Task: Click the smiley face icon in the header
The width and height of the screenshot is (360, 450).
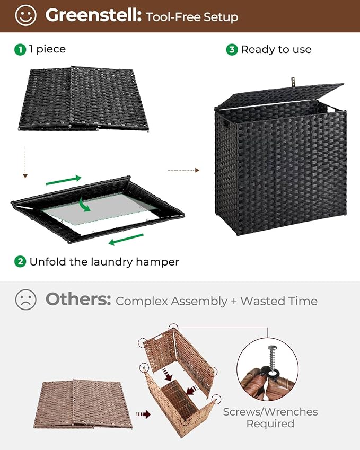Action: coord(25,15)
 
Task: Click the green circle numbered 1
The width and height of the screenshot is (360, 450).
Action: coord(20,49)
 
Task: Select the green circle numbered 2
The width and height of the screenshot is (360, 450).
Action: coord(20,261)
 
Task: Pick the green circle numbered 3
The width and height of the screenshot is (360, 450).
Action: coord(232,49)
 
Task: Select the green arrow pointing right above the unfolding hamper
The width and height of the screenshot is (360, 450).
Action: coord(64,180)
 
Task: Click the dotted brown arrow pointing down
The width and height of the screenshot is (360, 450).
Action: coord(25,161)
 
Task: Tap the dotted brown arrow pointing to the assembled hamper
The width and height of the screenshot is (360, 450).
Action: coord(183,170)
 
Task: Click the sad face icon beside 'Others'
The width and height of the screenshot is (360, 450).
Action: coord(25,300)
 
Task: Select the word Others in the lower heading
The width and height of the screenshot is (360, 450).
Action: coord(78,299)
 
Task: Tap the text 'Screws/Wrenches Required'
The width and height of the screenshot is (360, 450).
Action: coord(270,418)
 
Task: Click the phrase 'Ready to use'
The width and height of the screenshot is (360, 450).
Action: coord(276,49)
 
